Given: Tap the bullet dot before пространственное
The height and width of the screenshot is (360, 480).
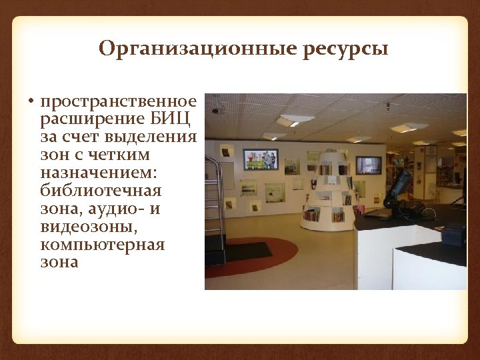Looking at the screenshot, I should click(31, 102).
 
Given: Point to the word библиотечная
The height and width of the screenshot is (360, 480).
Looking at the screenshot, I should click(101, 191).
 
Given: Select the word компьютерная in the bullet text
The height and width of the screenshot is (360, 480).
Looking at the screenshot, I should click(102, 245).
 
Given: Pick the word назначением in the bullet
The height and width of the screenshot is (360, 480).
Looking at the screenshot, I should click(99, 173).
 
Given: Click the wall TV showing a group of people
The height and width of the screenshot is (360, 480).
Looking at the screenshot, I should click(260, 159).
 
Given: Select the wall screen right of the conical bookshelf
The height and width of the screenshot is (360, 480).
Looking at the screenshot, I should click(368, 165).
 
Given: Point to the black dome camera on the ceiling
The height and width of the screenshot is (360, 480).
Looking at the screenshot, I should click(215, 110).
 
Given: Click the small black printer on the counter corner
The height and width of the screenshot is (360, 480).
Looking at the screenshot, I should click(453, 233).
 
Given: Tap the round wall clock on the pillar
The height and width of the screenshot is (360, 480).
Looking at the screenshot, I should click(432, 150).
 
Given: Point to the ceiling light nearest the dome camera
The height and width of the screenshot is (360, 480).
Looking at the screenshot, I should click(296, 119).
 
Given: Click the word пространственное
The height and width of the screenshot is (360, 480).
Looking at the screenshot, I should click(119, 101).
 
